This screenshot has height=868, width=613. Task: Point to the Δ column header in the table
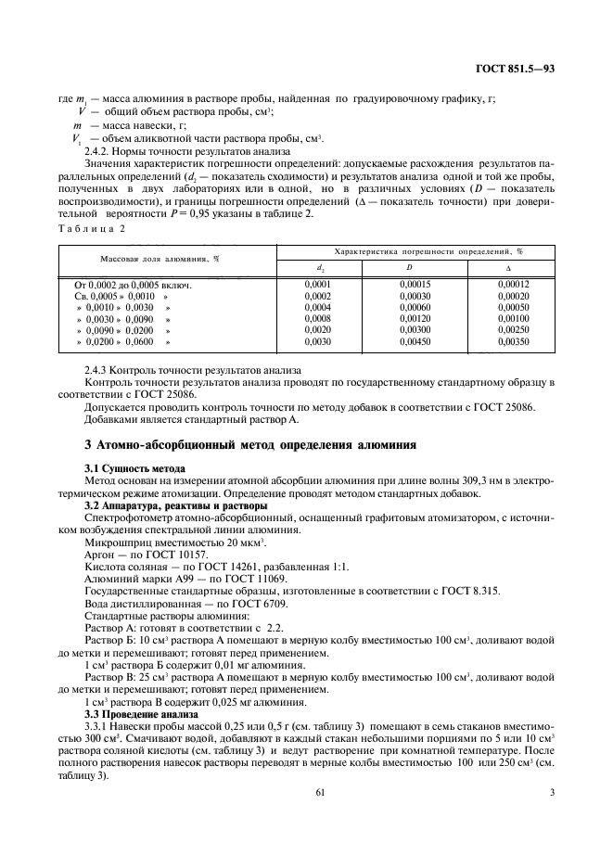pyautogui.click(x=512, y=268)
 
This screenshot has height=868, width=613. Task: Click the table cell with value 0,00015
pyautogui.click(x=414, y=284)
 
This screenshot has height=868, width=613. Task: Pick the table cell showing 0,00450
pyautogui.click(x=414, y=342)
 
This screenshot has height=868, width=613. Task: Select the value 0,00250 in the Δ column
pyautogui.click(x=512, y=330)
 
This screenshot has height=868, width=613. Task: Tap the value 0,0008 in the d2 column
pyautogui.click(x=318, y=318)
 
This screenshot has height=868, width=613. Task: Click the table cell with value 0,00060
pyautogui.click(x=414, y=307)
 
